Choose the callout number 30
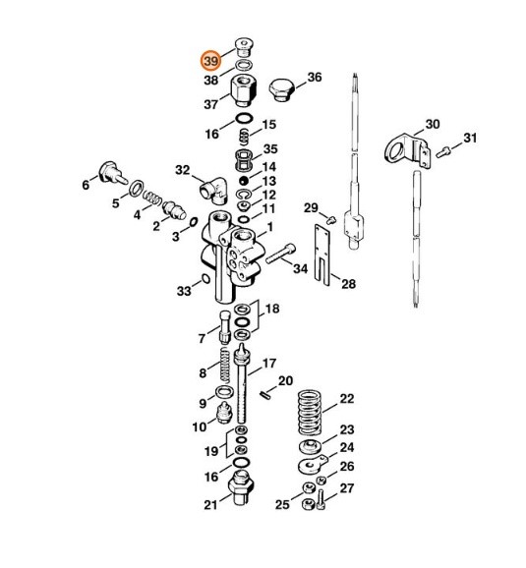tap(432, 125)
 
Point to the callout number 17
tap(268, 363)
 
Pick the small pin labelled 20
tap(266, 393)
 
